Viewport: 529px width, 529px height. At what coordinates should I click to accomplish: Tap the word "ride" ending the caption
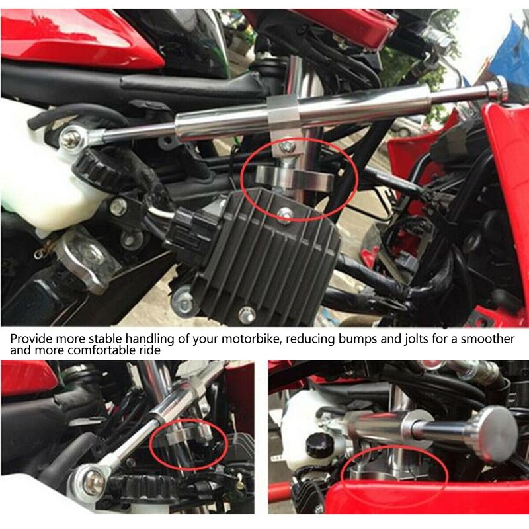(x=147, y=350)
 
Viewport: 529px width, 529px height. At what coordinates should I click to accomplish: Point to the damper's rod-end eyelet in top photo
(x=71, y=138)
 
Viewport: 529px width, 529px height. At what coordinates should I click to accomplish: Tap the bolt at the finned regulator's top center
(x=285, y=212)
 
